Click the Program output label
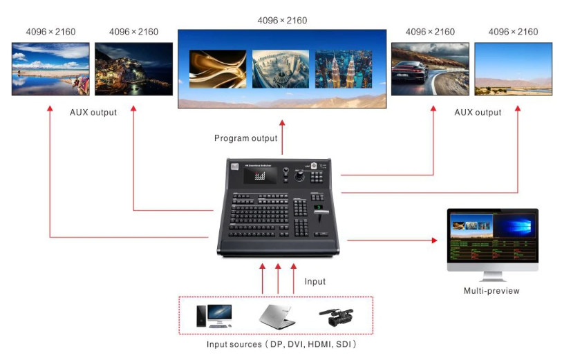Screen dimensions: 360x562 pos(245,138)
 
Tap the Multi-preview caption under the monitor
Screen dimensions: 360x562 pos(491,291)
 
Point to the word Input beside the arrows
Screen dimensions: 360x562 pos(315,281)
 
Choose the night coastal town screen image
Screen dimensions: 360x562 pos(133,68)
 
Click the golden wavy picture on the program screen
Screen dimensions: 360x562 pos(218,69)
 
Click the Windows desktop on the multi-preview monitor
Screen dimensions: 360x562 pos(514,226)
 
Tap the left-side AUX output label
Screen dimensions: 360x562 pos(93,113)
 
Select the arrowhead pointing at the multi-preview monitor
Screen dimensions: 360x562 pos(435,240)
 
